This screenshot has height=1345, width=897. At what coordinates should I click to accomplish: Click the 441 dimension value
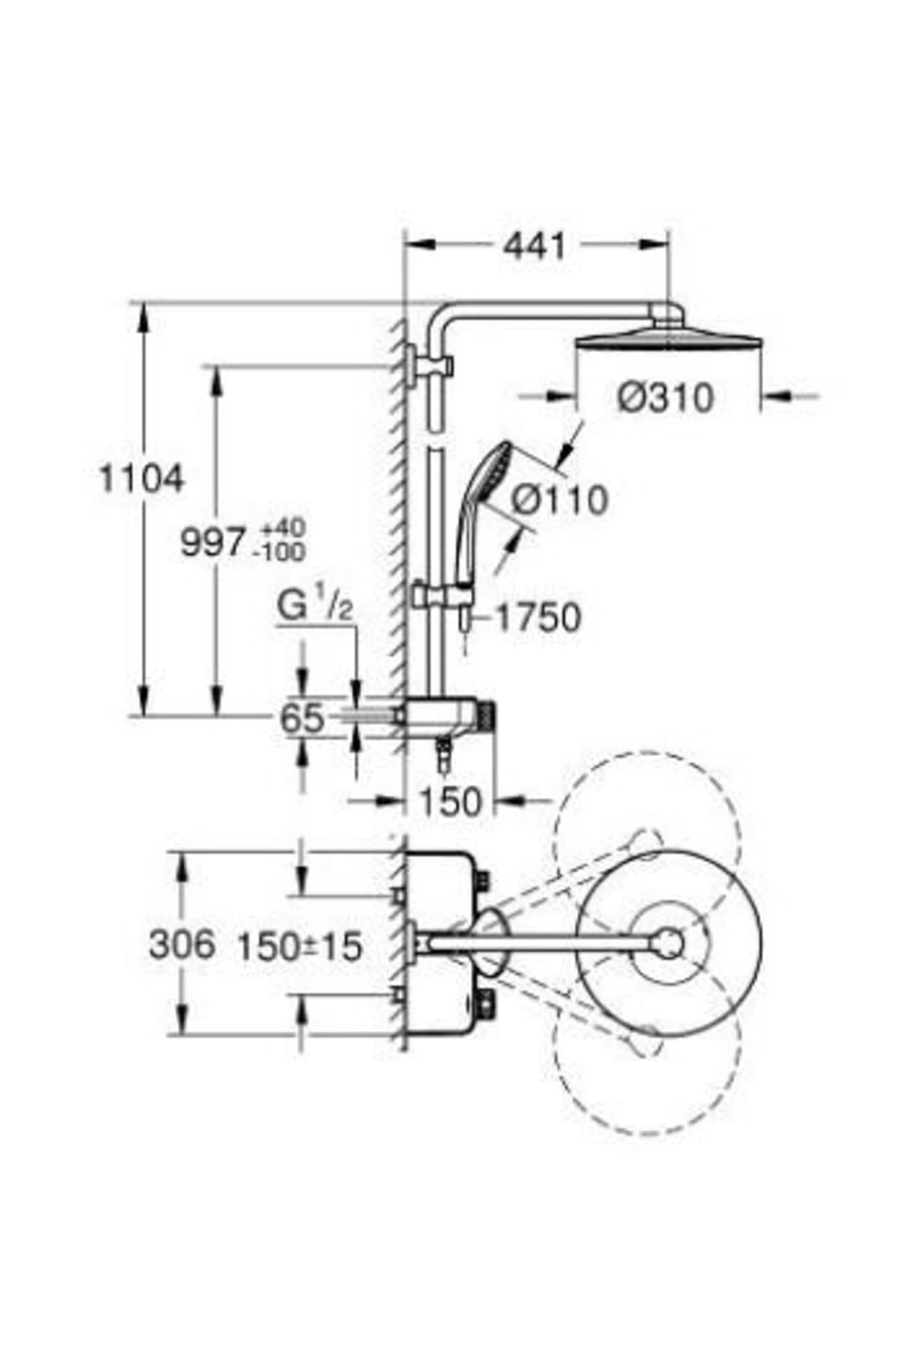(534, 246)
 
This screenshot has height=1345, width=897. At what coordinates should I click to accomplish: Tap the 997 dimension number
(213, 542)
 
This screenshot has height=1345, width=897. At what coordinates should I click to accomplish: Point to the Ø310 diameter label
(665, 398)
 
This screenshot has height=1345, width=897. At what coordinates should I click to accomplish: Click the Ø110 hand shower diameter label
(560, 500)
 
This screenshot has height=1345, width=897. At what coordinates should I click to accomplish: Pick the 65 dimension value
(302, 720)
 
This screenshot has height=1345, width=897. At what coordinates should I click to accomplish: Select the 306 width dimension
(182, 944)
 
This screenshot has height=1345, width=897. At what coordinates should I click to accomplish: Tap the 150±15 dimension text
(300, 947)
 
